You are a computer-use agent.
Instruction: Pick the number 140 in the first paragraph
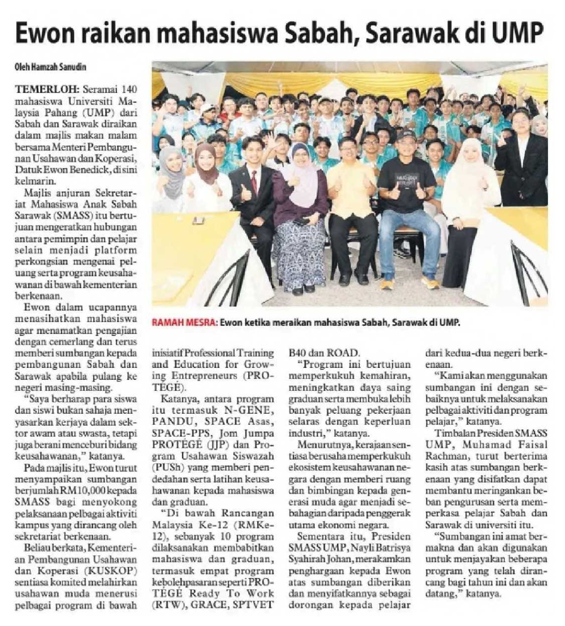[129, 89]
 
